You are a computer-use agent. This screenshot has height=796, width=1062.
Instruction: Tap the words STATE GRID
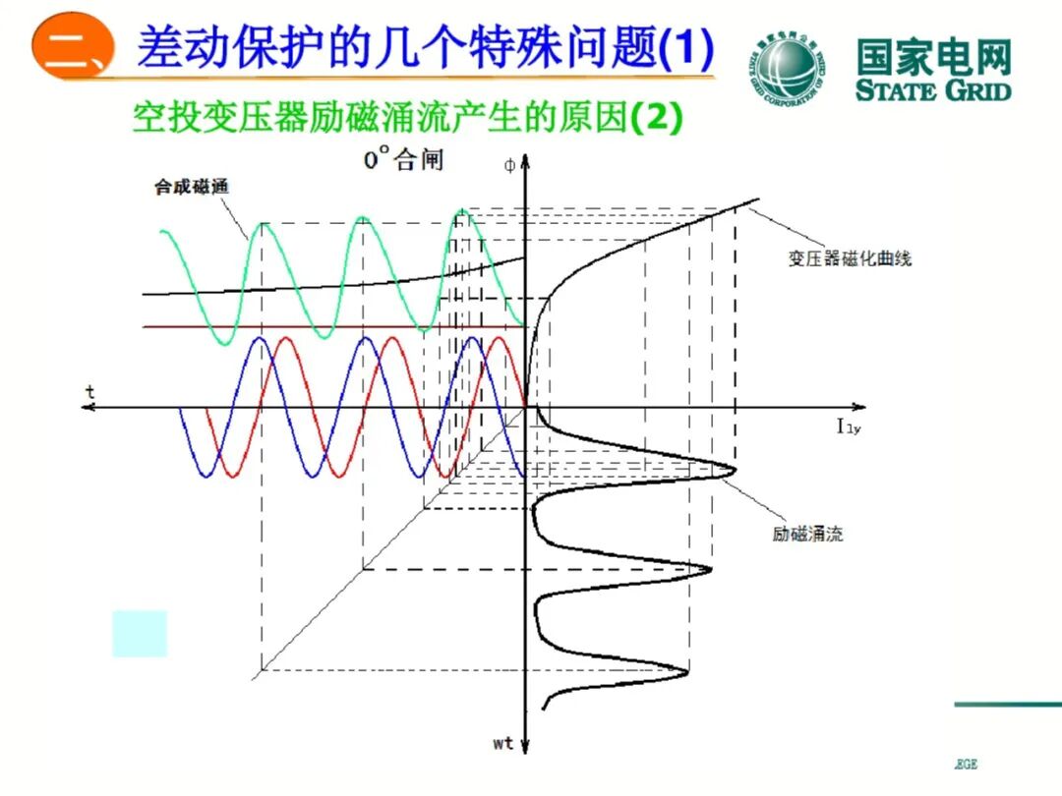coord(933,90)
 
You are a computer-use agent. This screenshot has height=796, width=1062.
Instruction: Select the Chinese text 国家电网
coord(933,57)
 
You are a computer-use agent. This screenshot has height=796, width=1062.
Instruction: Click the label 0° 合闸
coord(403,159)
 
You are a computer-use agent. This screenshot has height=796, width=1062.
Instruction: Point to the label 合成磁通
coord(184,188)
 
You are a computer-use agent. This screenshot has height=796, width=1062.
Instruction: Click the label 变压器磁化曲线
coord(850,258)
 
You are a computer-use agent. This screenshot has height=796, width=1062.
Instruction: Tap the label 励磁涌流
coord(807,535)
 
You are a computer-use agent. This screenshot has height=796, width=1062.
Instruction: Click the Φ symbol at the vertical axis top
coord(508,166)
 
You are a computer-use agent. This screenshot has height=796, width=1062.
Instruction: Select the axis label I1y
coord(849,426)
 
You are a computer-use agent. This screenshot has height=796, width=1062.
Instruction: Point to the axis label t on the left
coord(90,392)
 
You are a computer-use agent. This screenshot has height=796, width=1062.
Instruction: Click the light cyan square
coord(140,633)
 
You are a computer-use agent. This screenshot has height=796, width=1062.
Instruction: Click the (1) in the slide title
coord(685,48)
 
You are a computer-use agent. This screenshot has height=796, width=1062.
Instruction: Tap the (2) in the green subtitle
coord(656,119)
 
